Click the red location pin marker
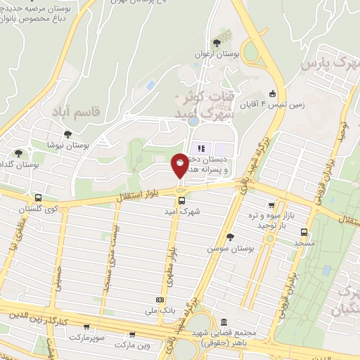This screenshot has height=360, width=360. point(180,164)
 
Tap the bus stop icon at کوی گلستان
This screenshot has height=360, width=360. point(37,198)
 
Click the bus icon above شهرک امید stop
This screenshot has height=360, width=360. point(182,200)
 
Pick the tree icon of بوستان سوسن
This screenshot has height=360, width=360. point(230,237)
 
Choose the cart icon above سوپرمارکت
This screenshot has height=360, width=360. point(86,327)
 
